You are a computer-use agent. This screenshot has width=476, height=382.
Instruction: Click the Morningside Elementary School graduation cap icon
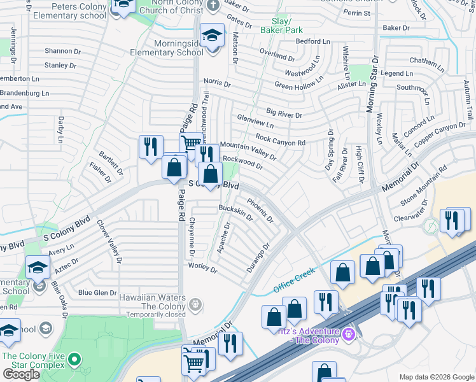(212, 36)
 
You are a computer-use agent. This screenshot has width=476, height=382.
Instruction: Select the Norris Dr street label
(217, 82)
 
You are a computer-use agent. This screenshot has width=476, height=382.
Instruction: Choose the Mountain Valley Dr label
(248, 151)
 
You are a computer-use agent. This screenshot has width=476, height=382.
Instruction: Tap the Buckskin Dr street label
(235, 212)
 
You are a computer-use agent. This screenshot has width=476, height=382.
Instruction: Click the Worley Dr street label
(203, 267)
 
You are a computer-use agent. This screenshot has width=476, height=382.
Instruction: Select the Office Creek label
(294, 279)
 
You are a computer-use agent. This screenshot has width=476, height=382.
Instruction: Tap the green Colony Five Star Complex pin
(74, 360)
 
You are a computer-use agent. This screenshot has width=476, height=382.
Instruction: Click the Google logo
(21, 374)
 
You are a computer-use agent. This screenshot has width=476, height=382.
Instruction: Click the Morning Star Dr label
(374, 83)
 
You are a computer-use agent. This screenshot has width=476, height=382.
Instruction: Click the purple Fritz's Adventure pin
(347, 333)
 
